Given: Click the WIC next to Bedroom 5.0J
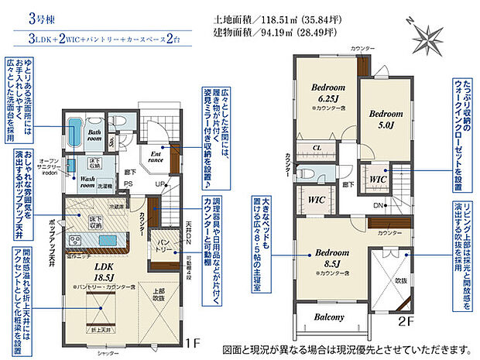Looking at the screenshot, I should pos(379,179).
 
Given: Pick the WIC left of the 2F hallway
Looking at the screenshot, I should pos(316,200).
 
